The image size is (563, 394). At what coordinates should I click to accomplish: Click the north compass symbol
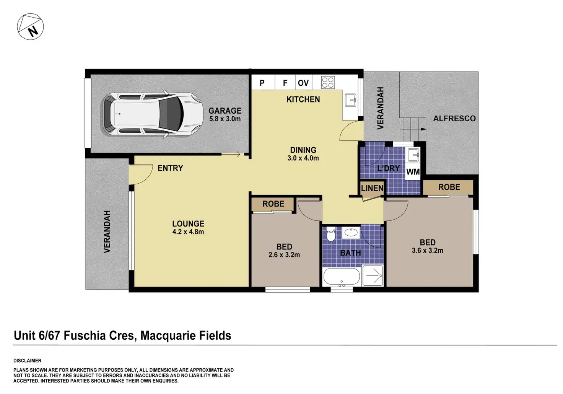point(30,27)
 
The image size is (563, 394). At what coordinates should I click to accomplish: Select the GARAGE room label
point(225,111)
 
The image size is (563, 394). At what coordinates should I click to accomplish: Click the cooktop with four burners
point(328,83)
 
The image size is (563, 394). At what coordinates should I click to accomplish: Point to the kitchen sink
point(351,100)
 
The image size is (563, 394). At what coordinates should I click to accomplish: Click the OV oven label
point(303,83)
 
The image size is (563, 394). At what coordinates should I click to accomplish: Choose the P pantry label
point(262,83)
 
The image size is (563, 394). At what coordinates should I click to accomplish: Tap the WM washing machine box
point(413,172)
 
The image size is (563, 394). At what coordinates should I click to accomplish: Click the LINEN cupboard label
point(372,188)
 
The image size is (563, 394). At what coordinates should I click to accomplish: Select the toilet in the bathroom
point(331,234)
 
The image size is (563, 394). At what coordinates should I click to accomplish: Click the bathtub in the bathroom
point(342,277)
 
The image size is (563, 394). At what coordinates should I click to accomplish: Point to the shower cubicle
point(373,275)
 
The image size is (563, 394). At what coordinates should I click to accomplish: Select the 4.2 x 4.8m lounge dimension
point(188,232)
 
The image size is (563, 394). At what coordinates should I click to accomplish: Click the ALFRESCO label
point(454,119)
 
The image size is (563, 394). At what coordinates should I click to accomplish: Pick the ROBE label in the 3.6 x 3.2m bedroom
point(449,187)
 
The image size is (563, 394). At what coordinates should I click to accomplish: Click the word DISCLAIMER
point(28,361)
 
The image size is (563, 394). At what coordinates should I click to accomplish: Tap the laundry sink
point(413,154)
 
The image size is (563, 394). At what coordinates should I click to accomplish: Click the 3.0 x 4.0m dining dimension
point(303,158)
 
